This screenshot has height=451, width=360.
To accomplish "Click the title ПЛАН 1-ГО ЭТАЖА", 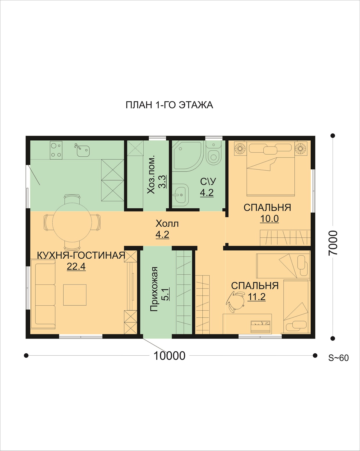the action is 169,105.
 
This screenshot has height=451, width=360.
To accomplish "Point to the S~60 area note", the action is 339,358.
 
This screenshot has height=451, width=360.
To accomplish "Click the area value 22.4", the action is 76,266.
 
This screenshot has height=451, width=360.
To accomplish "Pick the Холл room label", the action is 167,224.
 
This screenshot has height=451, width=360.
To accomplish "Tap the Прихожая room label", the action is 154,289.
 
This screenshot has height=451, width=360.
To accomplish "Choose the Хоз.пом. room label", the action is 151,175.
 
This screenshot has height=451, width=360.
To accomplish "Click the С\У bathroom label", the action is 208,182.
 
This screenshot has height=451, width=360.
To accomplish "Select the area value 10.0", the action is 269,219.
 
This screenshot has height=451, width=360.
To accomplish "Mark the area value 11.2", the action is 257,297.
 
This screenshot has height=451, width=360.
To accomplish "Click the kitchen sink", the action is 83,150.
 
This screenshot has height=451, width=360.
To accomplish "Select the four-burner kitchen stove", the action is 56,150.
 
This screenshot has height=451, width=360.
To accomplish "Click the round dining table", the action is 72,222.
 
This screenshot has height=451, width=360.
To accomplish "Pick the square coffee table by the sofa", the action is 75,295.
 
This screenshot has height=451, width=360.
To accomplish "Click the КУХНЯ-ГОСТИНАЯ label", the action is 81,255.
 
